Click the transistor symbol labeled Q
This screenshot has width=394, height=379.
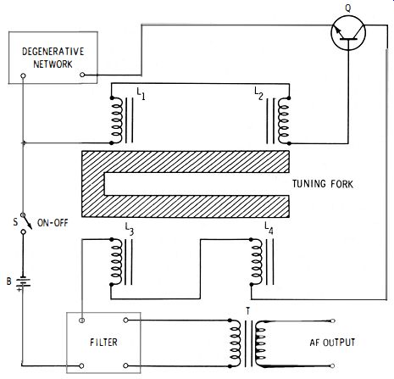(348, 33)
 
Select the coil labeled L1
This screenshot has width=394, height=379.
(117, 120)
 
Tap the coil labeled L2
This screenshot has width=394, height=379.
(284, 120)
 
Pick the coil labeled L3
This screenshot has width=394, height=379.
(117, 262)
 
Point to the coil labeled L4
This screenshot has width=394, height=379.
(257, 262)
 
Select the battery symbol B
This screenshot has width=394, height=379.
(23, 282)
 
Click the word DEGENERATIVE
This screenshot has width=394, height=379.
(53, 52)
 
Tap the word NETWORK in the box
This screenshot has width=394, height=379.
(53, 64)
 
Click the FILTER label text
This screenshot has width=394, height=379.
(103, 343)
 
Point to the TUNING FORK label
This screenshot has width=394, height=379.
(323, 184)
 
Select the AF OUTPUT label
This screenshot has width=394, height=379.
(332, 343)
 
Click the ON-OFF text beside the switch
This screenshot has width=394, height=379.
(53, 223)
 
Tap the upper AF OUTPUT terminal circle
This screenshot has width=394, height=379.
(333, 320)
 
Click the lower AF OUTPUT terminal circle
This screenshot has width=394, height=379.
(333, 366)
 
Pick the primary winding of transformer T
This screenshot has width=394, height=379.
(235, 343)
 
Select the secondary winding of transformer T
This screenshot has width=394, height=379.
(260, 343)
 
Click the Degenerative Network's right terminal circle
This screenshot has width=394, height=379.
(82, 75)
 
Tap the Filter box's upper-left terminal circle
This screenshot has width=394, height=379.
(82, 320)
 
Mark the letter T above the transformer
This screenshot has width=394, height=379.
(248, 311)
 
